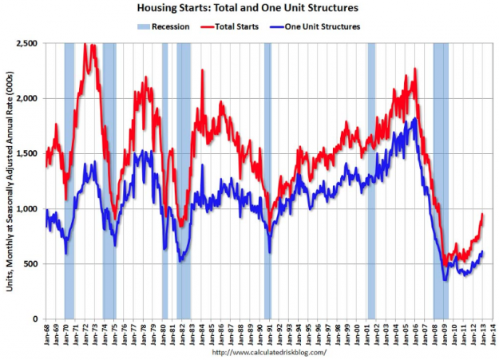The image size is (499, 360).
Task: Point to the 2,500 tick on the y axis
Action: click(27, 43)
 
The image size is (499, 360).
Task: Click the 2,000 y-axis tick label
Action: click(27, 98)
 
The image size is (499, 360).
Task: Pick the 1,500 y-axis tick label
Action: click(27, 153)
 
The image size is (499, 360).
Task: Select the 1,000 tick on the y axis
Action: click(27, 209)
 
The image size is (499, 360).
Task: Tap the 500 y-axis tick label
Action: click(32, 264)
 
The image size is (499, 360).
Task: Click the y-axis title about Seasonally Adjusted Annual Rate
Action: click(9, 180)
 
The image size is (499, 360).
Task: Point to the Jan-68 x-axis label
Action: click(47, 334)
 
